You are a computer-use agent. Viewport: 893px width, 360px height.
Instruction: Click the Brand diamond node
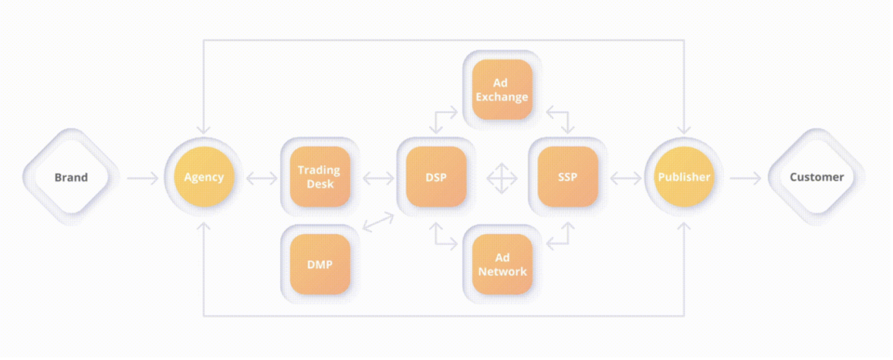click(71, 178)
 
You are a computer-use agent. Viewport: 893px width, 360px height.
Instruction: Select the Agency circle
click(204, 178)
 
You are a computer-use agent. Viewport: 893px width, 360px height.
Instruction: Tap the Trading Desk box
click(319, 178)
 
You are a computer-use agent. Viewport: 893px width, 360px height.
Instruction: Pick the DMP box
click(319, 264)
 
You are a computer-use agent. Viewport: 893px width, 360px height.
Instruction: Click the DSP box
click(436, 178)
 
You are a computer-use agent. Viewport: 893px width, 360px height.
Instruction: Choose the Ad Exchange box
click(500, 90)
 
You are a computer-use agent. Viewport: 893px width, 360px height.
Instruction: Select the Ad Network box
click(502, 264)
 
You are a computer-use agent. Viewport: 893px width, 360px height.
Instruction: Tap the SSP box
click(567, 178)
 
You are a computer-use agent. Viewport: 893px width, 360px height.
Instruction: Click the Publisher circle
click(683, 178)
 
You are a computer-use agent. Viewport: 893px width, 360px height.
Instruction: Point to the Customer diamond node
click(816, 178)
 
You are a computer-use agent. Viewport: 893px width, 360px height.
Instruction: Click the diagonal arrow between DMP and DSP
click(378, 222)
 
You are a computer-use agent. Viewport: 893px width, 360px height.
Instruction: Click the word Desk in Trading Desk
click(318, 185)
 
